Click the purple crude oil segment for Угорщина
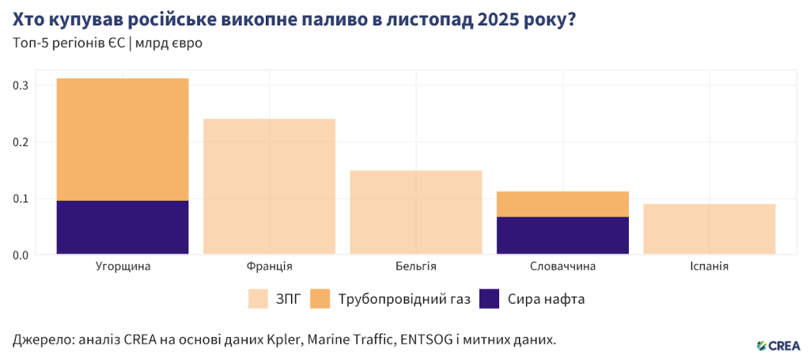point(123,227)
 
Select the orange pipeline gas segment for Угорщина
point(123,139)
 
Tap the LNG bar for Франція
point(269,187)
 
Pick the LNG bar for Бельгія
point(416,212)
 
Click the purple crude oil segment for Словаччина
point(562,235)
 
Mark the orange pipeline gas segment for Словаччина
point(562,204)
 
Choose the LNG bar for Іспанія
point(710,229)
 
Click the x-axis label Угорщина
point(123,267)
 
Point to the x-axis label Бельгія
point(416,267)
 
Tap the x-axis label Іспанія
point(710,267)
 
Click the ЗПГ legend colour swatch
point(259,299)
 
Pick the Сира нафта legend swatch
point(490,299)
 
